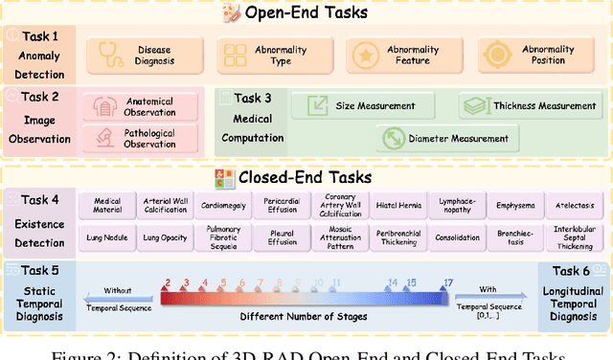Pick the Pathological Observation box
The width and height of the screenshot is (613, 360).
142,138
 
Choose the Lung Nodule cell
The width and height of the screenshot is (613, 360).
108,236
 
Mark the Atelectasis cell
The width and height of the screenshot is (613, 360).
577,205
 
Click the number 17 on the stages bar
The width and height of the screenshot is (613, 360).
447,282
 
